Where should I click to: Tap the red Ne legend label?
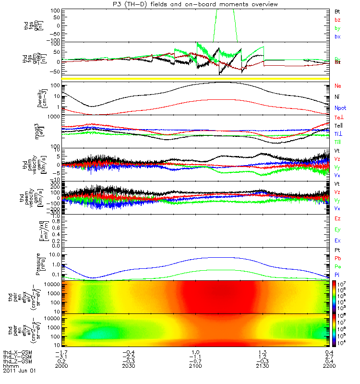[337, 86]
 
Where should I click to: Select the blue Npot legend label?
[339, 108]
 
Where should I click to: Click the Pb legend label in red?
[337, 258]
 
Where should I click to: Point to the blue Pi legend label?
[337, 275]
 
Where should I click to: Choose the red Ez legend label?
[337, 218]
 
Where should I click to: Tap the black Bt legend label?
[337, 11]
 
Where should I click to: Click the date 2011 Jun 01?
[19, 371]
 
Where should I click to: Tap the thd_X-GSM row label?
[17, 353]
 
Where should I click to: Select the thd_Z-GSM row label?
[17, 362]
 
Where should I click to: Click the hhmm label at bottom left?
[10, 366]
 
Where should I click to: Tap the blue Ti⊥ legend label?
[338, 134]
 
